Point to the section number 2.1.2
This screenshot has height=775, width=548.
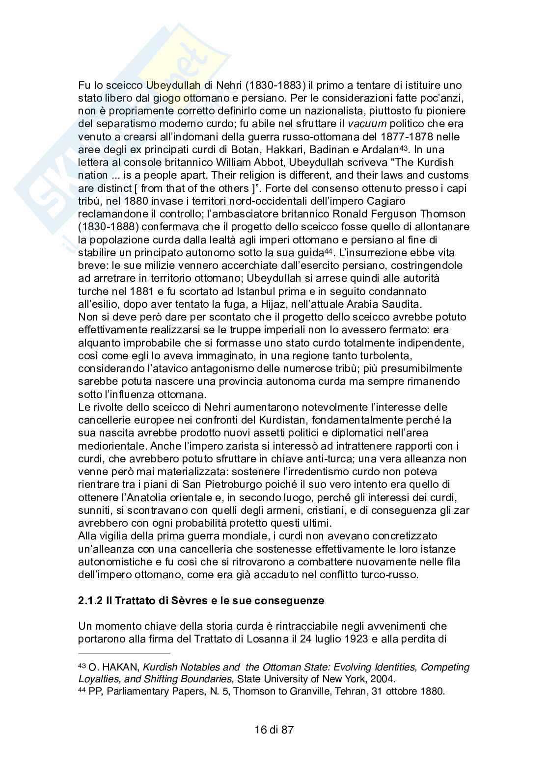point(90,601)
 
